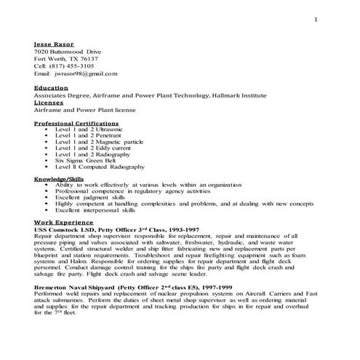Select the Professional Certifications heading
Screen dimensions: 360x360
point(75,124)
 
